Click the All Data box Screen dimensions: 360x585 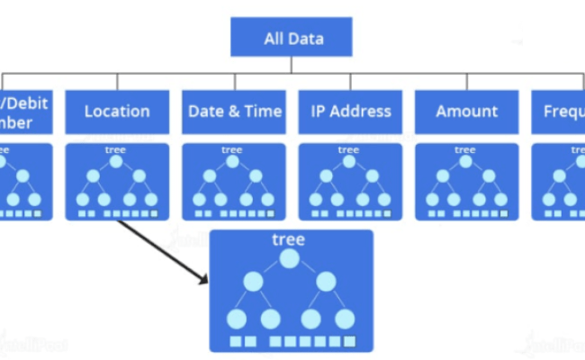(x=291, y=38)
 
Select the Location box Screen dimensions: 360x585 (x=117, y=112)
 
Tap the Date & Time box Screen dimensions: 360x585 (x=234, y=112)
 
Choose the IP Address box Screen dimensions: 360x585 (x=351, y=112)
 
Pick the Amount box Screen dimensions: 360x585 (x=467, y=112)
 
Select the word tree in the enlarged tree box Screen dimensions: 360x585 (x=288, y=239)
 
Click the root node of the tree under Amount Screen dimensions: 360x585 (x=465, y=162)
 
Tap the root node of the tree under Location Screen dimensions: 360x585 (x=115, y=162)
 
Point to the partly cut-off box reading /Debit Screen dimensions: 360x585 (x=24, y=112)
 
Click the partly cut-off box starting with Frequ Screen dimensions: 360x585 (x=558, y=112)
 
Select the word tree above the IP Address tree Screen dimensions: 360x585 (x=349, y=149)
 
